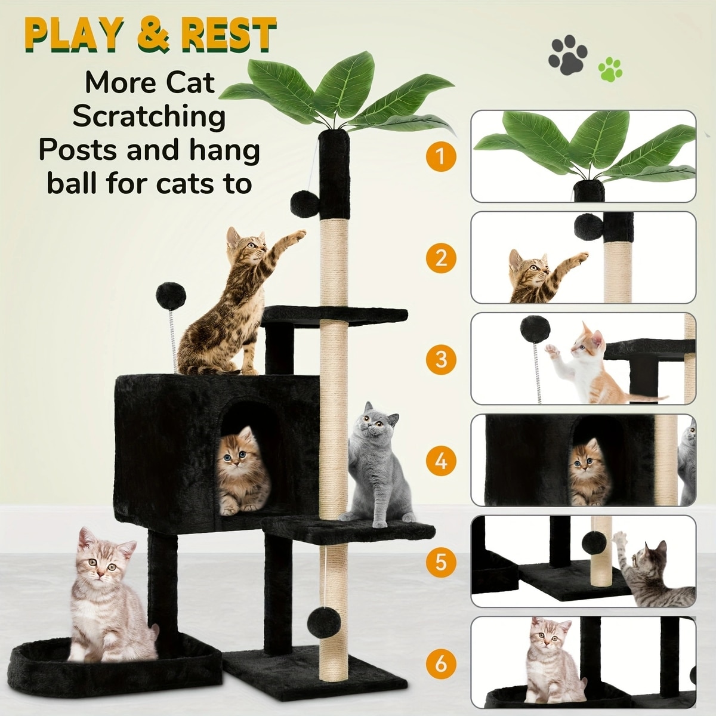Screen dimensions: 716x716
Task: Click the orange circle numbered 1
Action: coord(441,157)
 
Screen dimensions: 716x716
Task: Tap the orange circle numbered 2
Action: coord(441,258)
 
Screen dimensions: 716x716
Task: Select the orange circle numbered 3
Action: coord(441,359)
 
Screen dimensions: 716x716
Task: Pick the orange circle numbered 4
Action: coord(441,461)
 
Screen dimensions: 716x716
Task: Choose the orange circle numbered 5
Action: coord(441,562)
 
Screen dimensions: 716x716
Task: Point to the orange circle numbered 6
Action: coord(441,663)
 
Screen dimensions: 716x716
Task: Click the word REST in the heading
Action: coord(228,36)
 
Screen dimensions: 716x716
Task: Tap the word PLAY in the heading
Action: coord(75,35)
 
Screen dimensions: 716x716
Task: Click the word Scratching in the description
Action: coord(149,117)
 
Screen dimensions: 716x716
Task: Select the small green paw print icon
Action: coord(610,69)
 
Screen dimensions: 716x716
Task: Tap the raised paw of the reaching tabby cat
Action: coord(298,236)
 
